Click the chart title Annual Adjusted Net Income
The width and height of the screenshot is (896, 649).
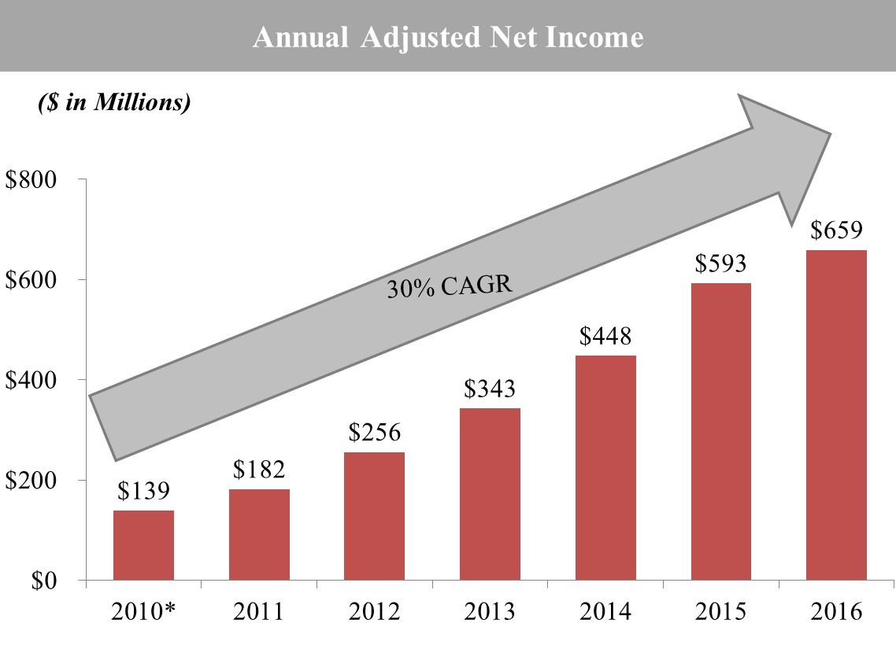[447, 37]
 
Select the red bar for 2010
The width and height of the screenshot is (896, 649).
[143, 545]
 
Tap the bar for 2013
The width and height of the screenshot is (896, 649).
[491, 494]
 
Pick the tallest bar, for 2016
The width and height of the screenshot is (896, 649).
[837, 415]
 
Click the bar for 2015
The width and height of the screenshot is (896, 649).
[721, 431]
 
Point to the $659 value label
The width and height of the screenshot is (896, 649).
[837, 230]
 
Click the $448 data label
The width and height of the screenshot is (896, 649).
[605, 337]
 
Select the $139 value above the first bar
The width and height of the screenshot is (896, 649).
[143, 491]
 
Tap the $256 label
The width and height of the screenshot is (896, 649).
[375, 433]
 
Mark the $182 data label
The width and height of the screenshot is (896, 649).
[259, 470]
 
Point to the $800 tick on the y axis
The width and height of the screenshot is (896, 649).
[32, 179]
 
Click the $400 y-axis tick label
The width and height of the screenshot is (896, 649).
[32, 380]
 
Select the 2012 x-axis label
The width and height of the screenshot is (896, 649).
[375, 611]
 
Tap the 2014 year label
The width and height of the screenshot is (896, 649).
[605, 611]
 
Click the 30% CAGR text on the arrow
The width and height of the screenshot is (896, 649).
[450, 287]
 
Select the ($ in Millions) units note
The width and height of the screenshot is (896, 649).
[114, 103]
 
